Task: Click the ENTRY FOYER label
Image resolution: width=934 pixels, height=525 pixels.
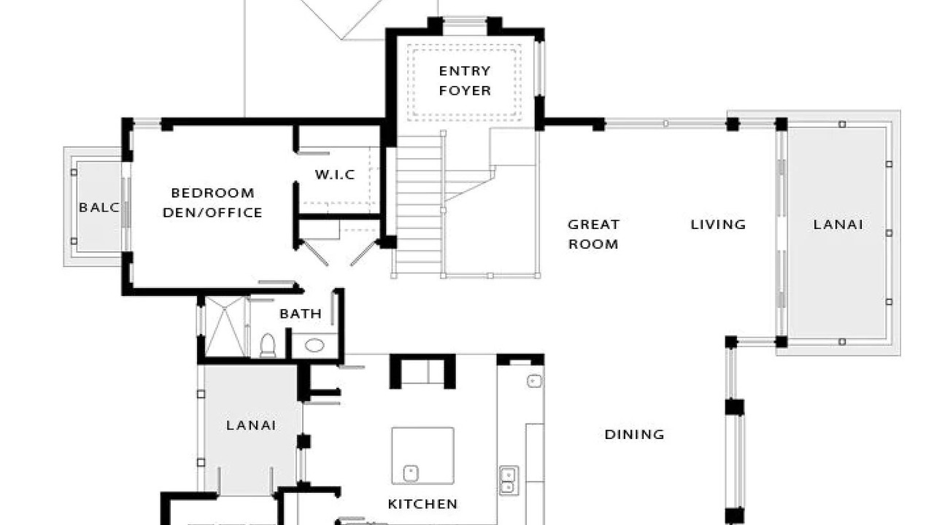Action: (x=465, y=81)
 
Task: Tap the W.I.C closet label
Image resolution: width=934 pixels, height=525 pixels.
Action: (x=335, y=174)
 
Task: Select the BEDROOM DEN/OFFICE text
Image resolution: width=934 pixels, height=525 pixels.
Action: (x=212, y=203)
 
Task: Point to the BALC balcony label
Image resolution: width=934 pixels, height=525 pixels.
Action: (x=99, y=207)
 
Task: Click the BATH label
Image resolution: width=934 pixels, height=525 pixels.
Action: (x=301, y=314)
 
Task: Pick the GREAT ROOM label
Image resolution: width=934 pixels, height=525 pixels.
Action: (x=593, y=235)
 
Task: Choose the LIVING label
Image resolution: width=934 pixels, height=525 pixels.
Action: (x=718, y=225)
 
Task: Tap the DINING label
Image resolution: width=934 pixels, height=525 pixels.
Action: (x=634, y=435)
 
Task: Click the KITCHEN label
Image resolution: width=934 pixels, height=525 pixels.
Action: (x=422, y=504)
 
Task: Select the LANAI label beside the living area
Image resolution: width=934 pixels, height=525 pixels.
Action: (x=838, y=225)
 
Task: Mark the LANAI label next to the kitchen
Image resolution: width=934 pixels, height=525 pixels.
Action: (x=251, y=425)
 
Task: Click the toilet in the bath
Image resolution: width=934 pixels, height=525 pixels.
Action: (x=268, y=346)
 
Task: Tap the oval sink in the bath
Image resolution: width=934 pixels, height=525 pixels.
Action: (x=314, y=345)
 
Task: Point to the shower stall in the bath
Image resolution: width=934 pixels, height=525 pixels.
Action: (x=225, y=326)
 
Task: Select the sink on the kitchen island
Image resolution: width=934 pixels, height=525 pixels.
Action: (x=411, y=473)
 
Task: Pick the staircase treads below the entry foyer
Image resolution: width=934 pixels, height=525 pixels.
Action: (x=418, y=205)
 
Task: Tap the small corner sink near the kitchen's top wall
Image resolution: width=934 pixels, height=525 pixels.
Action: (x=534, y=381)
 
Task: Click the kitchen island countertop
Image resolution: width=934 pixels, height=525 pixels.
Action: (x=422, y=456)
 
